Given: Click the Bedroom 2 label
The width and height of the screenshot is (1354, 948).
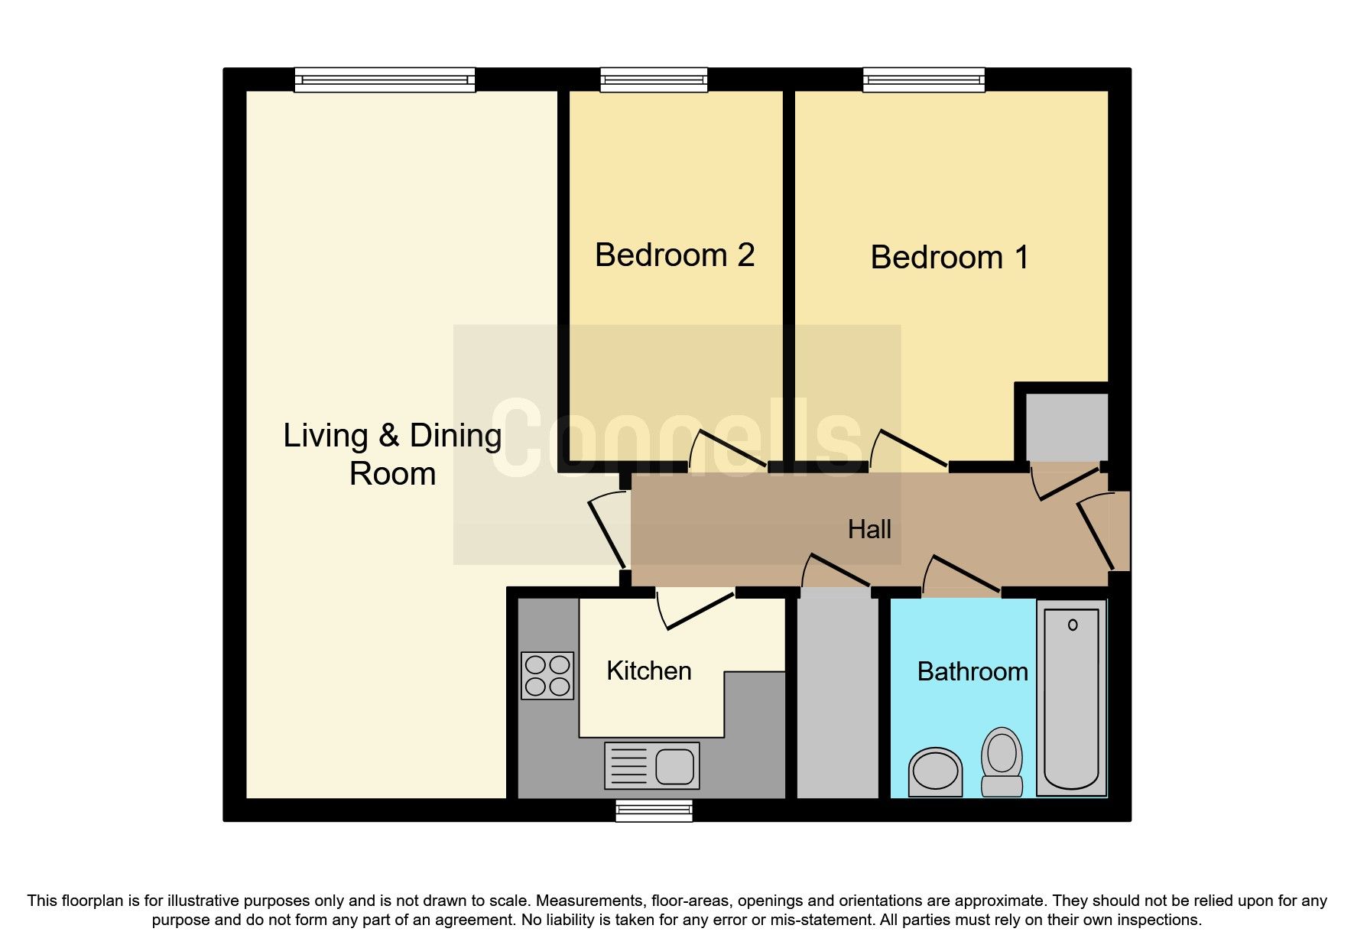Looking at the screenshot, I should pos(674,255).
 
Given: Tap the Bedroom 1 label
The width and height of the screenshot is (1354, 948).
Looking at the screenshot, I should pos(949,258).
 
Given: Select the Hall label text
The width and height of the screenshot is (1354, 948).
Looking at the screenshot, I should pos(869,529).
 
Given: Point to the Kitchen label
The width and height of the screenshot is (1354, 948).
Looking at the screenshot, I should pos(648,670).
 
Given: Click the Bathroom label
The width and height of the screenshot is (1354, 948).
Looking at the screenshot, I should pos(972,671).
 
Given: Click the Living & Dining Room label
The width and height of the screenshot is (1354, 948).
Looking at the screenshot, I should pos(392,454).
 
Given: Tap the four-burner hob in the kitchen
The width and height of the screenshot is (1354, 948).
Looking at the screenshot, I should pos(547,675).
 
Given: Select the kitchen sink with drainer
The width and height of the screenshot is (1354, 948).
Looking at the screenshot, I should pos(652,765).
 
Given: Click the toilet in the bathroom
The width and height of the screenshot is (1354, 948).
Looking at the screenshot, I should pos(1002,761).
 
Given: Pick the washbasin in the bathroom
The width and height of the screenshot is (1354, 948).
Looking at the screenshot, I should pos(935,771).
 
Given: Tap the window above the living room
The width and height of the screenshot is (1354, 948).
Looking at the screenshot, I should pos(385,80).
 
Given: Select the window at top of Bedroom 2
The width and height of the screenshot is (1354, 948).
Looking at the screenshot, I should pos(654,80).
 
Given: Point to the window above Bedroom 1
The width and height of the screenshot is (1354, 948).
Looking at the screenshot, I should pos(924,80).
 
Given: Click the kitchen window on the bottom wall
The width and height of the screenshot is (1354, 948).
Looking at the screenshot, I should pos(654,810).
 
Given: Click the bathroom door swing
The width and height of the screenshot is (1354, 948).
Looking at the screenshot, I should pos(961,575).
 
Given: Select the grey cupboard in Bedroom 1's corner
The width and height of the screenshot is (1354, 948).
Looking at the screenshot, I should pos(1066,427).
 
